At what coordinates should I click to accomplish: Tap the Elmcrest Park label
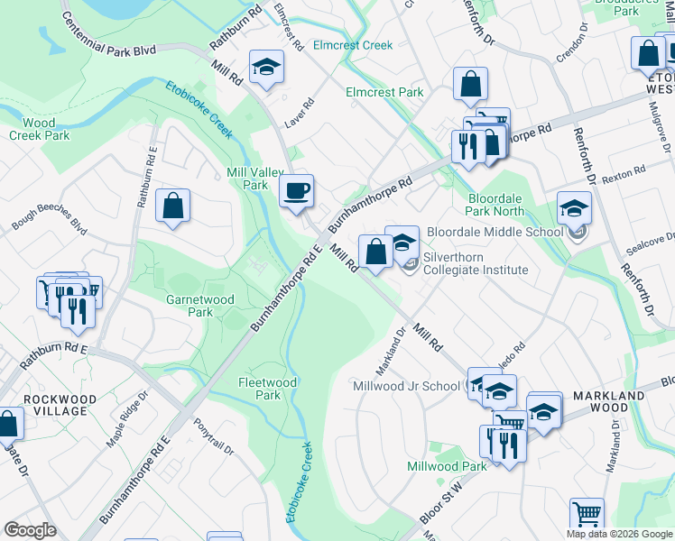coord(384,92)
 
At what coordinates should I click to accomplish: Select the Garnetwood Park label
coord(200,306)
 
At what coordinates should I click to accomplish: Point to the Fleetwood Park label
coord(267,389)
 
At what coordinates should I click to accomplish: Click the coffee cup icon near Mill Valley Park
coord(296,191)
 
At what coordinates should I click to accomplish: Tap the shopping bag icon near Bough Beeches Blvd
coord(172,206)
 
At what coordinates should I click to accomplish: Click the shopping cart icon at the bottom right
coord(587,514)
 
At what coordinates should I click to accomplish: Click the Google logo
coord(30,530)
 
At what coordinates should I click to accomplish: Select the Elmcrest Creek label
coord(353,45)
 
